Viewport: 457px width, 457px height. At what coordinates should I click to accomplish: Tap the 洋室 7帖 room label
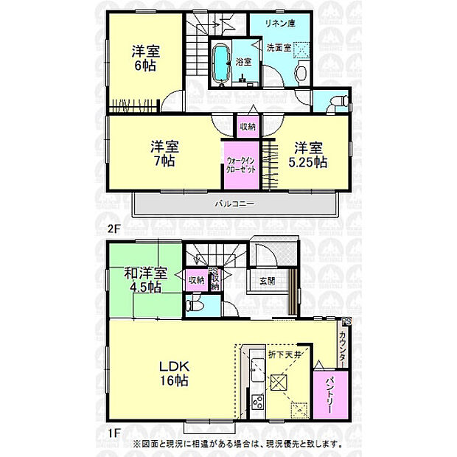pyautogui.click(x=164, y=153)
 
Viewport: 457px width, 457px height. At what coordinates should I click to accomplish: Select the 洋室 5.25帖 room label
pyautogui.click(x=310, y=153)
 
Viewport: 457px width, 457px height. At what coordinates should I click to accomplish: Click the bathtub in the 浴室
pyautogui.click(x=220, y=64)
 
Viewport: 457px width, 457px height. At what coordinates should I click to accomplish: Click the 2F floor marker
pyautogui.click(x=112, y=228)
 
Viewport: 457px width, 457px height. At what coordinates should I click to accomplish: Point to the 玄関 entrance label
pyautogui.click(x=266, y=279)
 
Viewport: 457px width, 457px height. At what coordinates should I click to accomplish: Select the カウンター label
pyautogui.click(x=344, y=346)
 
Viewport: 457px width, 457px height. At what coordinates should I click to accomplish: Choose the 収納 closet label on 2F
pyautogui.click(x=247, y=127)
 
